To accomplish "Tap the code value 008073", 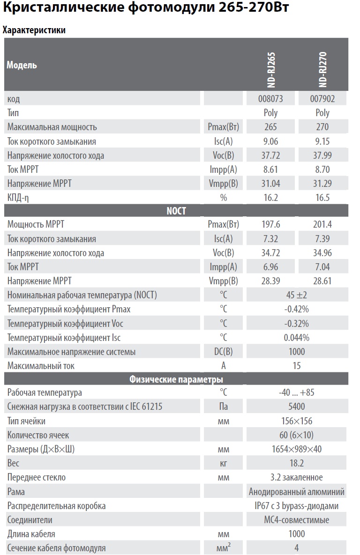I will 270,99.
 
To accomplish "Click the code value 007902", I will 322,99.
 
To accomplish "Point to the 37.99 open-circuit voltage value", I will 322,155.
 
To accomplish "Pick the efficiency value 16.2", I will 270,198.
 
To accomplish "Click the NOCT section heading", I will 176,211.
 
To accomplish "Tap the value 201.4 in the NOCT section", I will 322,225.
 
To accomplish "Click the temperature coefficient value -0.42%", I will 296,309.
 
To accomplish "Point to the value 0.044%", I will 296,338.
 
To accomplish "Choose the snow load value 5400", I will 296,407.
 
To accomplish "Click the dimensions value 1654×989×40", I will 296,449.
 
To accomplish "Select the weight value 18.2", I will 296,463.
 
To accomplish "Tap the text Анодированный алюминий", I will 296,492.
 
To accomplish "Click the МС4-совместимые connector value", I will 296,520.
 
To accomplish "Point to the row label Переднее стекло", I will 37,478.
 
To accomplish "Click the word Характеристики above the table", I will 34,30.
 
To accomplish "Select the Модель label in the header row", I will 22,65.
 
